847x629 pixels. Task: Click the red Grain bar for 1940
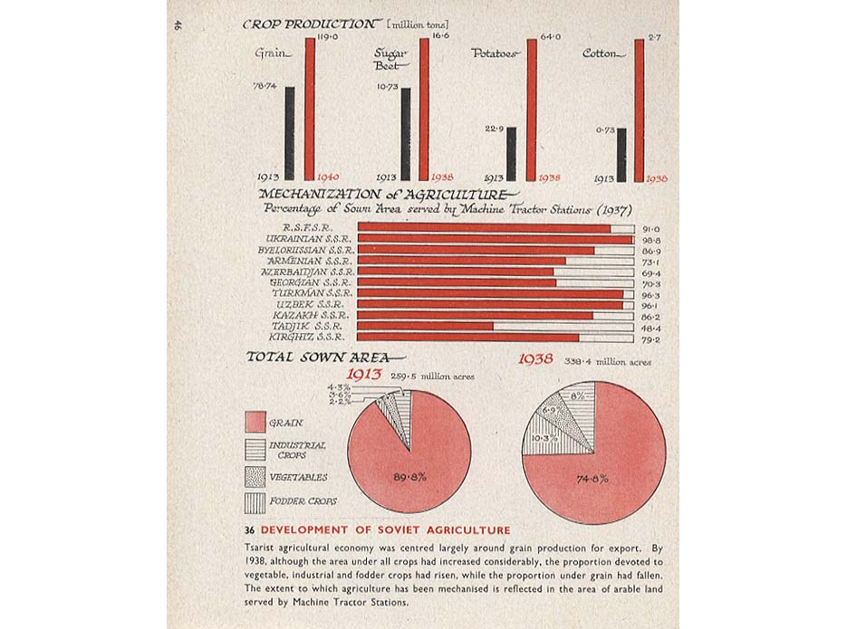[310, 109]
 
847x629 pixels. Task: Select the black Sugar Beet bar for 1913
[406, 134]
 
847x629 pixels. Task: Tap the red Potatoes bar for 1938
[532, 109]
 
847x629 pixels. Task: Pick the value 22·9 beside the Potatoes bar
[496, 129]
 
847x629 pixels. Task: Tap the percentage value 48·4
[650, 326]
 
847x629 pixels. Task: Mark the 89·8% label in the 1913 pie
[409, 477]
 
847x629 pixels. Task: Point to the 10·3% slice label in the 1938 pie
[544, 439]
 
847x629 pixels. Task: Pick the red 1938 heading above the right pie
[535, 359]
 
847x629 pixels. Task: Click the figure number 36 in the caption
[249, 530]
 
